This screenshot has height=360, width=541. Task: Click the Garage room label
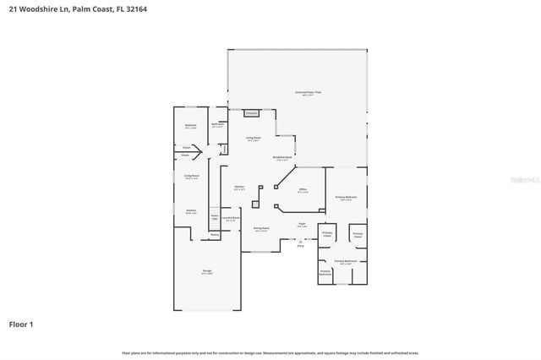(x=207, y=271)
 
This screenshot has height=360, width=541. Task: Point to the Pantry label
(x=215, y=236)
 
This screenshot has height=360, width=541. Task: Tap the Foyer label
(x=301, y=225)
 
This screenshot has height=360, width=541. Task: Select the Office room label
(x=303, y=191)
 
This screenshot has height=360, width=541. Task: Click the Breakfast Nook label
(x=282, y=158)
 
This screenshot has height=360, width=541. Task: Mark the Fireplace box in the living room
(x=251, y=112)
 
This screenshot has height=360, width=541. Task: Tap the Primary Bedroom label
(x=346, y=198)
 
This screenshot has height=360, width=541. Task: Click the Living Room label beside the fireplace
(x=253, y=139)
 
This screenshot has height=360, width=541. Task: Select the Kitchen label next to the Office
(x=239, y=188)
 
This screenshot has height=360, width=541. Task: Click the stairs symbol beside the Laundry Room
(x=215, y=218)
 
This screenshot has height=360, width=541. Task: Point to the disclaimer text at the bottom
(x=270, y=352)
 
